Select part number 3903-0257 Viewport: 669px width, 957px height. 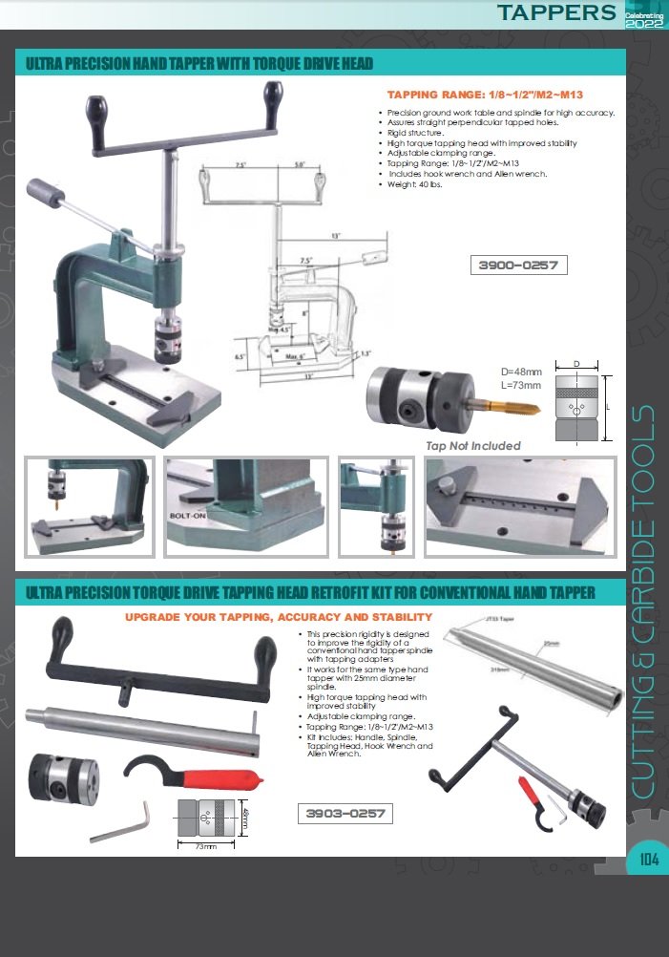point(345,814)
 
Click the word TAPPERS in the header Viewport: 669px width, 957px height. point(557,12)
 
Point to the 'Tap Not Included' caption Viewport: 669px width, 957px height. point(473,445)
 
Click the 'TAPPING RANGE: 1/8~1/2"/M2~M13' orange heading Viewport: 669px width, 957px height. point(484,96)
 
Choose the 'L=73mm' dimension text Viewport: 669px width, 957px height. point(521,385)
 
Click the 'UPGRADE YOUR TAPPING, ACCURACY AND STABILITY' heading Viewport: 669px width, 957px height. point(279,617)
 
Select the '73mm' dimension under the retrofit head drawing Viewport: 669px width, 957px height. point(203,846)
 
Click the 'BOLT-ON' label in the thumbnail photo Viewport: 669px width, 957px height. point(187,515)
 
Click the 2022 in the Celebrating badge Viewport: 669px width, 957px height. point(642,23)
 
